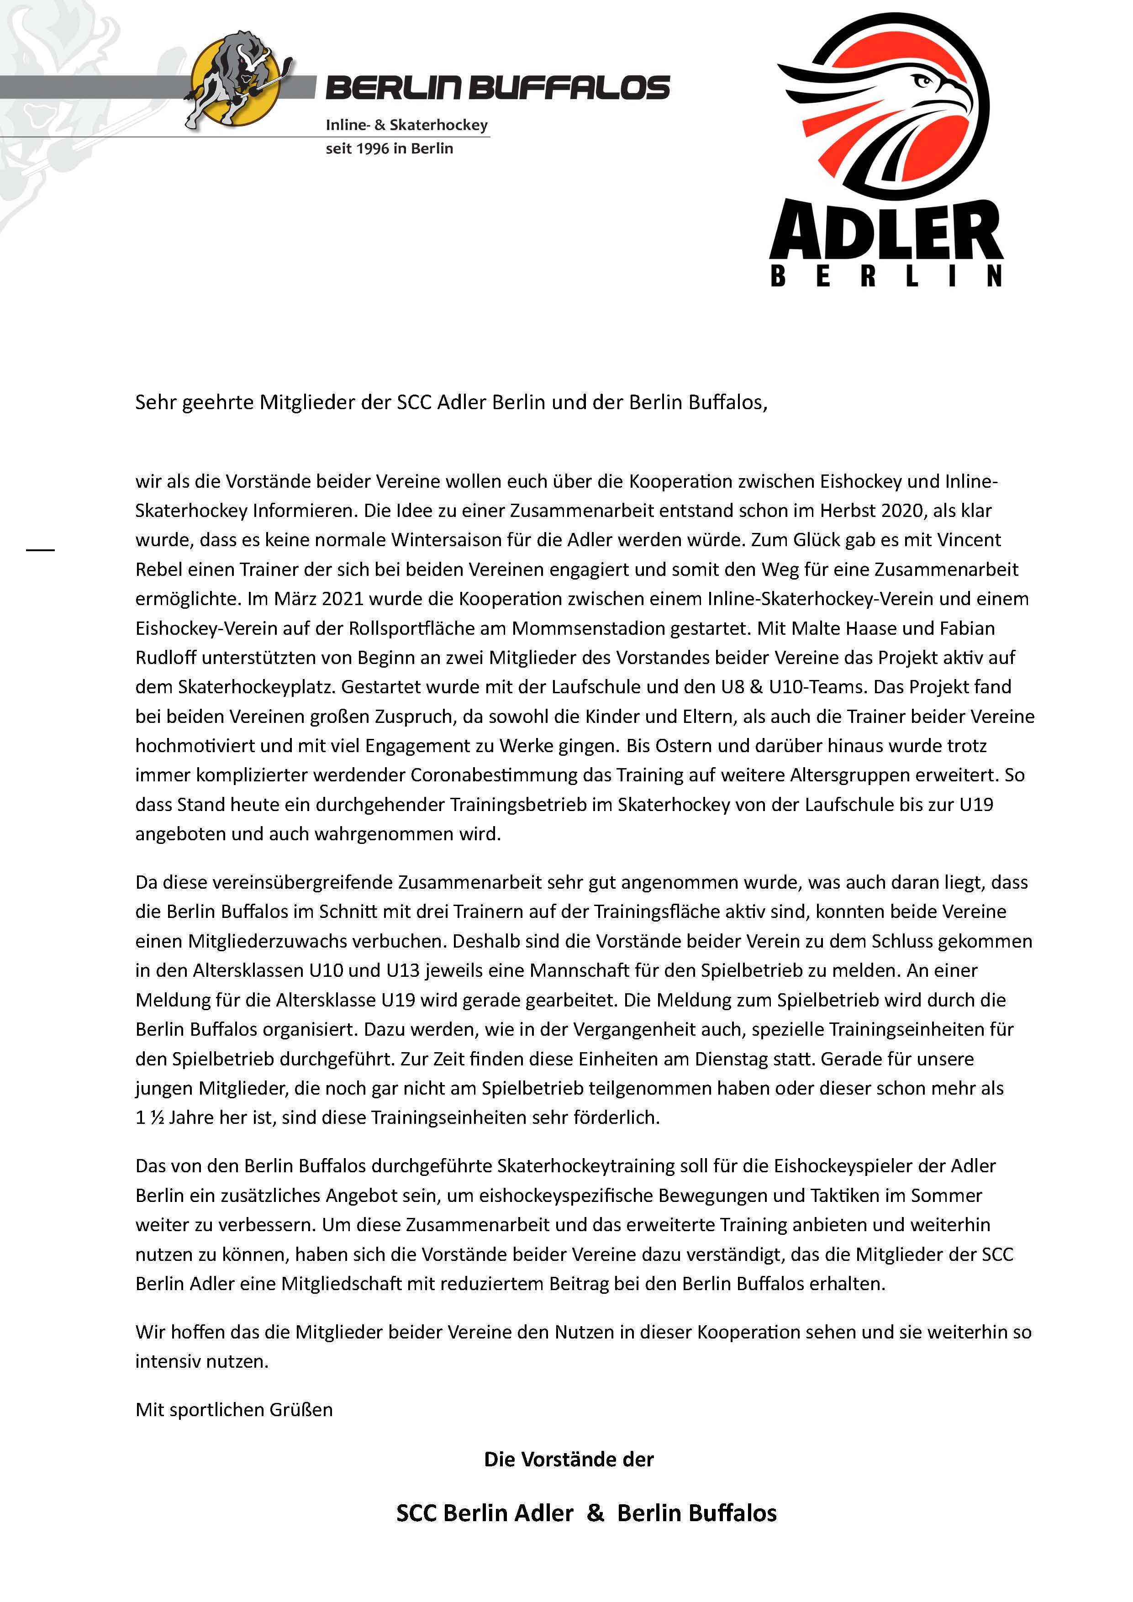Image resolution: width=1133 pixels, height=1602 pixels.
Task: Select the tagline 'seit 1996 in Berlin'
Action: [389, 148]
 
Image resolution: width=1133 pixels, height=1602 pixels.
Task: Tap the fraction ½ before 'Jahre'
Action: [157, 1118]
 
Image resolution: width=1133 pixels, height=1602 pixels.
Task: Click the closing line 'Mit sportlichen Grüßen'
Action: [234, 1409]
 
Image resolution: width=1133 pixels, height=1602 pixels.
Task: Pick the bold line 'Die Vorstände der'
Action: [569, 1460]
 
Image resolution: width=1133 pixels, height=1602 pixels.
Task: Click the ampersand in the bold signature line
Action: [595, 1512]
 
